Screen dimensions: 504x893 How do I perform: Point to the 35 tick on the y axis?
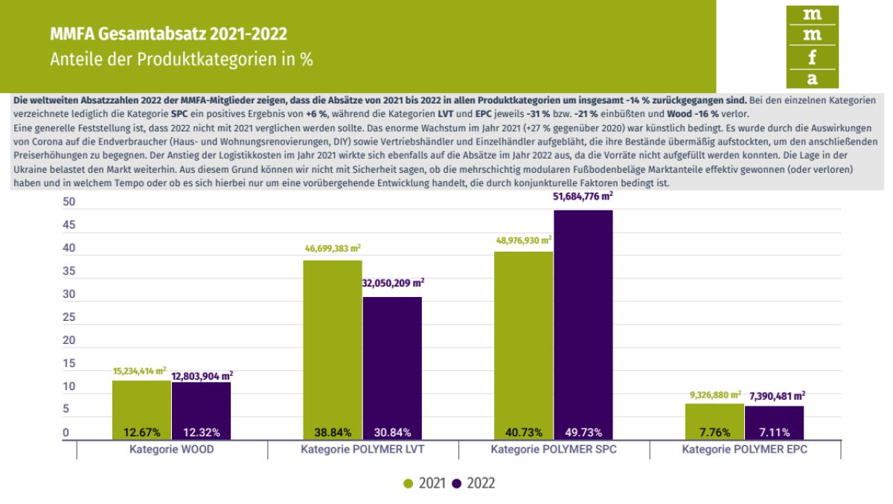pos(68,272)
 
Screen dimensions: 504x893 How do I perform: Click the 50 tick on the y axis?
pos(68,202)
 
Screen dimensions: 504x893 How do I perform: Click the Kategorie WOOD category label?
pos(172,450)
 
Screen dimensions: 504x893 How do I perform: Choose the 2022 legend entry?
pos(473,483)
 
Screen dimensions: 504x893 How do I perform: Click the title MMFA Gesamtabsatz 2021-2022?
pos(168,34)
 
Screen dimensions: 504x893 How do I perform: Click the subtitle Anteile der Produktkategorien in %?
pos(181,60)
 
